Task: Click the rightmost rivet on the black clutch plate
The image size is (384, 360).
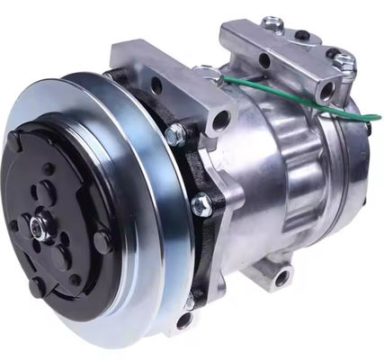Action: click(x=103, y=241)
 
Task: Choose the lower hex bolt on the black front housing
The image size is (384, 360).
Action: click(x=201, y=204)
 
